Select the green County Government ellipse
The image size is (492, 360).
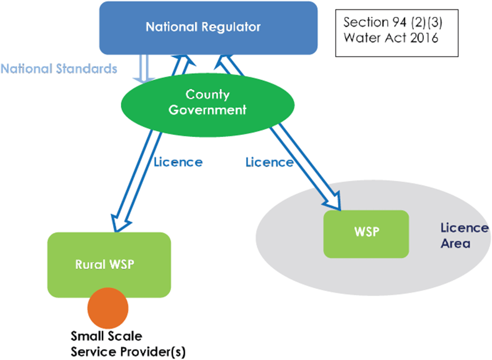click(x=208, y=103)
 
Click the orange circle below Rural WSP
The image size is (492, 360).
click(x=108, y=307)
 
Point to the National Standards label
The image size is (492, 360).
click(x=58, y=69)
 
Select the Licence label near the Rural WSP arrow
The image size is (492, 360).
click(x=178, y=162)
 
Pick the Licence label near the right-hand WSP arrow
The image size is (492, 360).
click(x=269, y=162)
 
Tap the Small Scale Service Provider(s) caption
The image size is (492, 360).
click(x=128, y=344)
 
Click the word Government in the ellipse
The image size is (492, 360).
click(x=208, y=110)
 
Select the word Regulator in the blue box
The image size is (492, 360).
click(x=232, y=27)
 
